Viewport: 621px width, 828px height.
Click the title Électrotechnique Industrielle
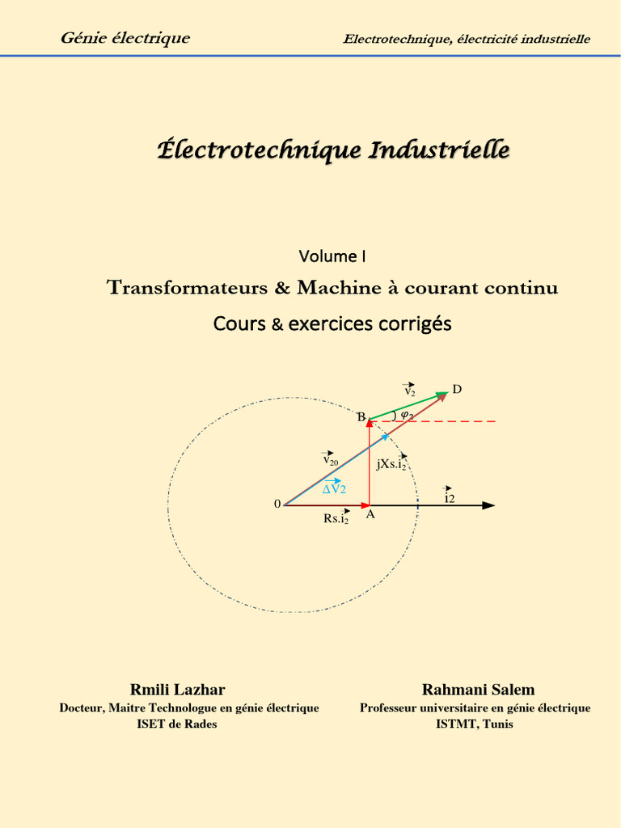click(x=332, y=150)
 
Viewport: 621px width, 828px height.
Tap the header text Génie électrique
click(x=125, y=38)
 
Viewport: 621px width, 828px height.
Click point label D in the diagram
click(x=457, y=390)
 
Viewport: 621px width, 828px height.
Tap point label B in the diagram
click(x=361, y=417)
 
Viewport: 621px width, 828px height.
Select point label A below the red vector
click(x=370, y=514)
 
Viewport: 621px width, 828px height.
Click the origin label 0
click(x=277, y=505)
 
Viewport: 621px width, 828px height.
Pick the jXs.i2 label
click(x=391, y=464)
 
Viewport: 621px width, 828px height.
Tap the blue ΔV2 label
click(x=334, y=488)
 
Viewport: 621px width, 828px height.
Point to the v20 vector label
click(x=330, y=459)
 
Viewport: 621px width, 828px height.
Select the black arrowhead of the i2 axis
click(x=488, y=505)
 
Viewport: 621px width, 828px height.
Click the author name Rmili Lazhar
click(x=178, y=690)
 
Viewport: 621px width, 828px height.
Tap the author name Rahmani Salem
click(x=478, y=690)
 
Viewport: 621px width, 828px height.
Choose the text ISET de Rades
click(x=177, y=724)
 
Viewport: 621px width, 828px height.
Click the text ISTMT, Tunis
click(x=474, y=724)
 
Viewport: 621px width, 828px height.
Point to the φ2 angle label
click(x=406, y=416)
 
